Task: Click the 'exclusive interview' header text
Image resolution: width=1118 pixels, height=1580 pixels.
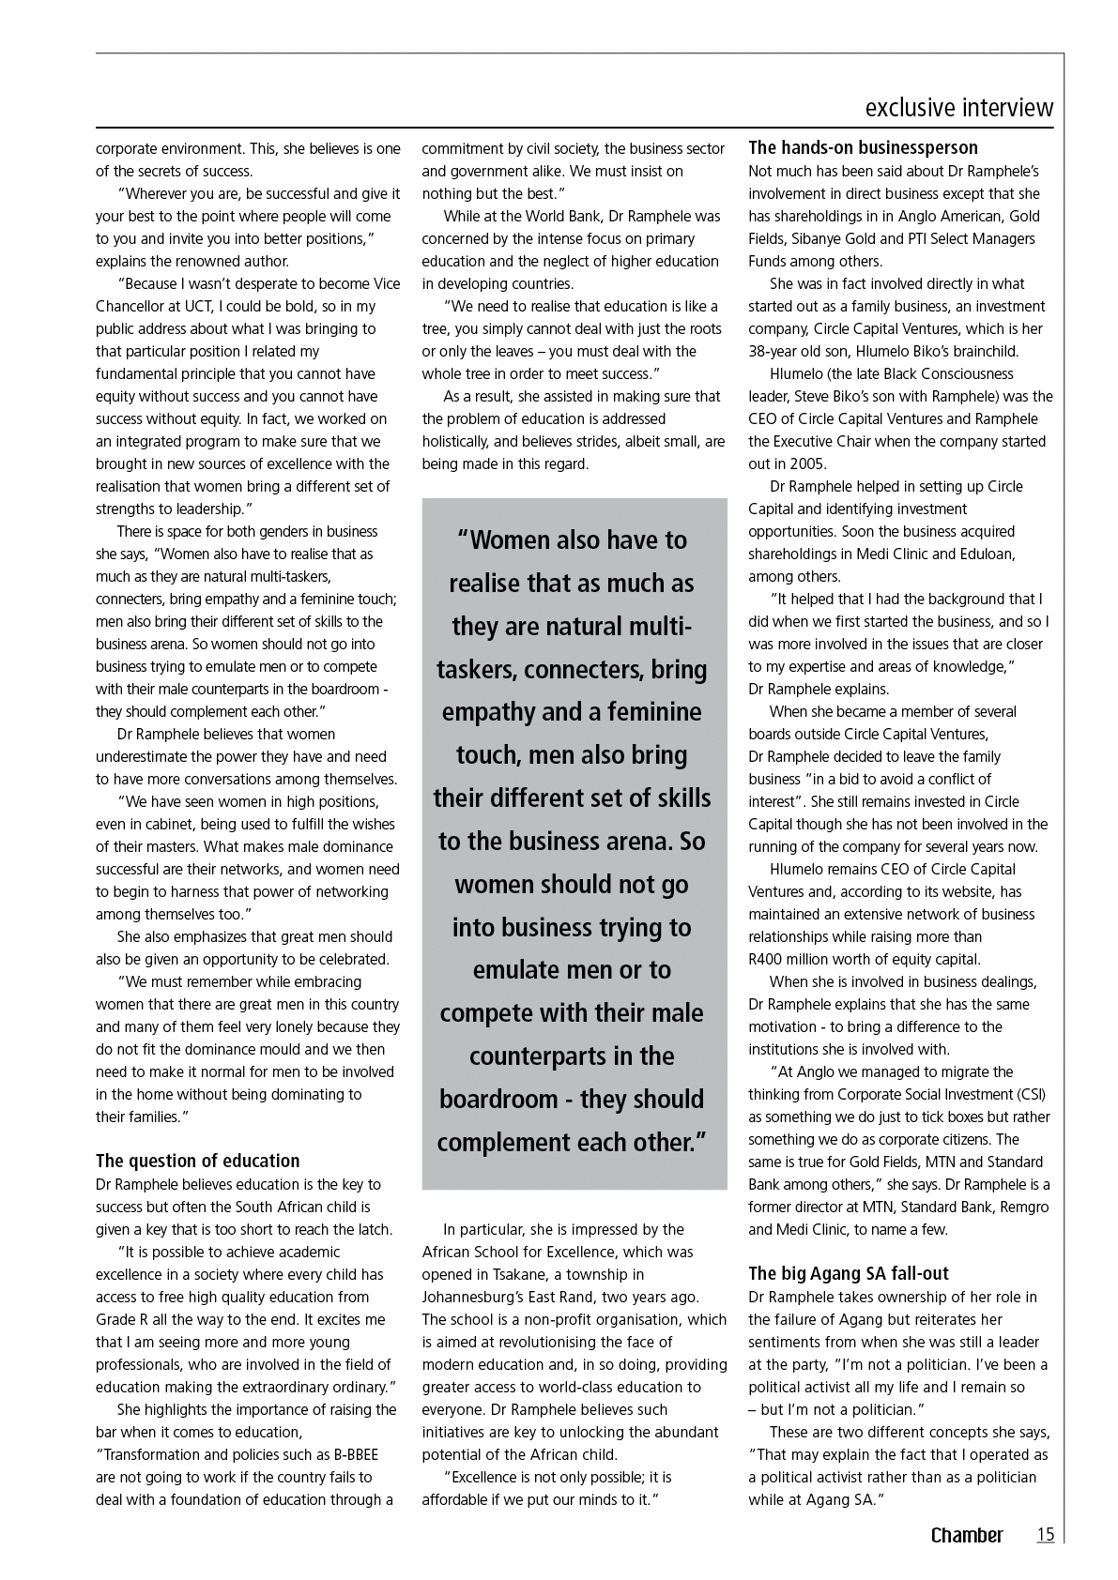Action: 958,108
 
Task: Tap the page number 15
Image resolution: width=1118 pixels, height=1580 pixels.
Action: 1045,1535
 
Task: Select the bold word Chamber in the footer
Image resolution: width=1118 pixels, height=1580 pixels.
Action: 966,1536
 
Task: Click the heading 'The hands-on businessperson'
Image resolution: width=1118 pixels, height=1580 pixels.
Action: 863,147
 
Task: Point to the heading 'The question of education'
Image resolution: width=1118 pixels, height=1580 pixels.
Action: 197,1161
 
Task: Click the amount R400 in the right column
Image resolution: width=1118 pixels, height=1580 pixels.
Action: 766,960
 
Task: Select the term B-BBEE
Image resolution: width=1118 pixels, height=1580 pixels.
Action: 356,1455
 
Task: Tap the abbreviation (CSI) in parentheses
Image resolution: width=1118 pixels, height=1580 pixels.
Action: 1030,1095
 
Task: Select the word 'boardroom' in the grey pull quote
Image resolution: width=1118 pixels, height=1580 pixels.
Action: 498,1100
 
